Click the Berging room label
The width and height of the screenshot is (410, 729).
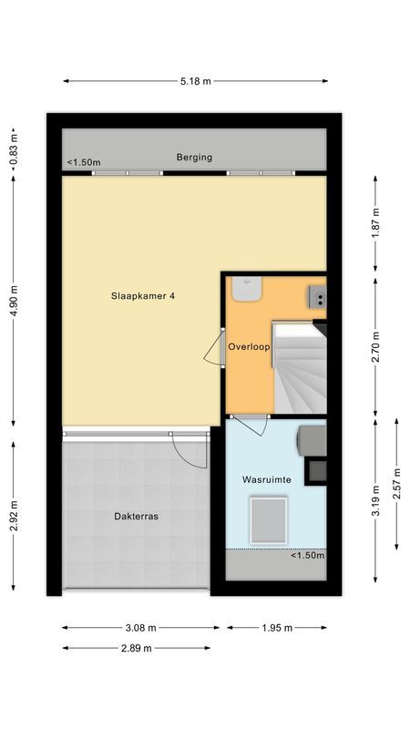[194, 157]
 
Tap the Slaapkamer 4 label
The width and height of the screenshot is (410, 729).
[143, 294]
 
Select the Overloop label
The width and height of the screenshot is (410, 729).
[247, 346]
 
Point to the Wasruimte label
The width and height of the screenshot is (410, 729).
[265, 478]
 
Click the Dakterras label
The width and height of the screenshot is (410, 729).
[136, 516]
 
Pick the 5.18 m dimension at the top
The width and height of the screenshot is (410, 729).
[195, 81]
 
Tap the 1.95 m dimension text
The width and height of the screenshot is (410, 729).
[277, 627]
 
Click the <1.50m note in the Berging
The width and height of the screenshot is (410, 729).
[83, 163]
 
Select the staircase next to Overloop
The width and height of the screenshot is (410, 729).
[300, 364]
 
